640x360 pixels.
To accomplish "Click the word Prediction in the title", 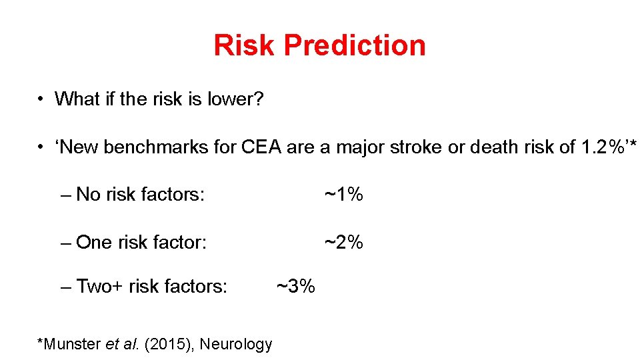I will point(354,45).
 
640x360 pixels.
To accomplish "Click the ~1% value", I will point(343,195).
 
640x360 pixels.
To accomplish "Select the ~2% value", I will point(343,242).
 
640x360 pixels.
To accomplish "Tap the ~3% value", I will point(295,287).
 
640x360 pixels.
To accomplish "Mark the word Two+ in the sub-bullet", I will point(100,287).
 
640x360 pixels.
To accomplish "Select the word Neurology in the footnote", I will point(236,344).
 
